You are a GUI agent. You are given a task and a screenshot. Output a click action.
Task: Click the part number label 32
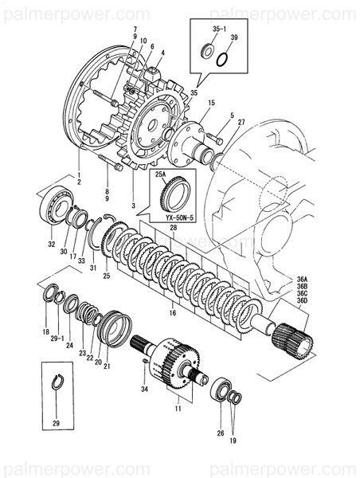(52, 245)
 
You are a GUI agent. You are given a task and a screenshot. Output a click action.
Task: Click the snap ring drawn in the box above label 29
(58, 381)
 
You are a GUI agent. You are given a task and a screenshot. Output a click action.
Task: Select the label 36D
(303, 301)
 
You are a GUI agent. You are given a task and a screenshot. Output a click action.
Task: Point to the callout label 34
(145, 390)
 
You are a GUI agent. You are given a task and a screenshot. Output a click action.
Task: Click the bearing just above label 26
(221, 391)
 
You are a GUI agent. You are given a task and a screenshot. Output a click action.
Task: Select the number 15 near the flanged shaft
(211, 104)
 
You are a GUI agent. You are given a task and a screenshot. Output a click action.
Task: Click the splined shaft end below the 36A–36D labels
(292, 338)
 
